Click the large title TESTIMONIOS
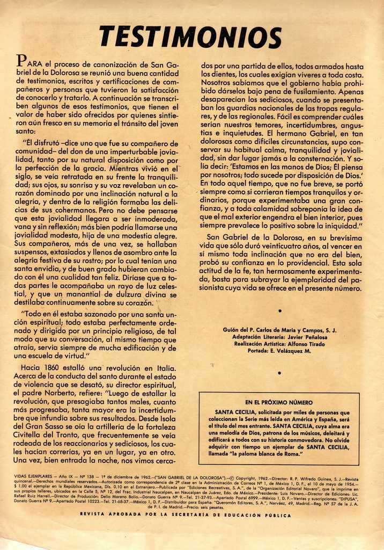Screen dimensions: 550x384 tap(190, 37)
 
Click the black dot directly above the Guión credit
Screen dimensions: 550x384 tap(280, 310)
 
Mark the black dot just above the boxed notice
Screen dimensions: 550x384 tap(280, 372)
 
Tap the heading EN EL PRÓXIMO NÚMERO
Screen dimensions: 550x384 tap(278, 402)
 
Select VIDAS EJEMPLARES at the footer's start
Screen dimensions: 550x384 tap(33, 477)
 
